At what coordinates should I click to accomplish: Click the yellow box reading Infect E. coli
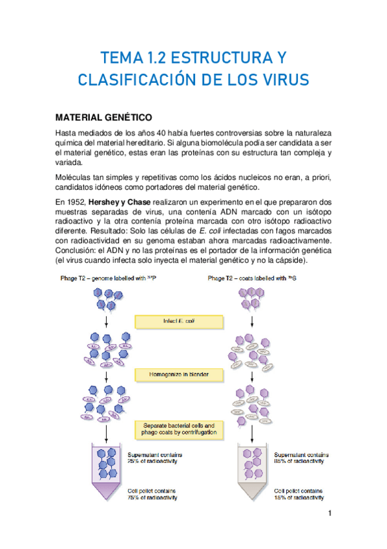[x=178, y=321]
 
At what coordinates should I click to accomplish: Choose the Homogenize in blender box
[x=178, y=375]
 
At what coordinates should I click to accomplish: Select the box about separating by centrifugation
[x=178, y=428]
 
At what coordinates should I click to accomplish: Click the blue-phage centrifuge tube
[x=105, y=469]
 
